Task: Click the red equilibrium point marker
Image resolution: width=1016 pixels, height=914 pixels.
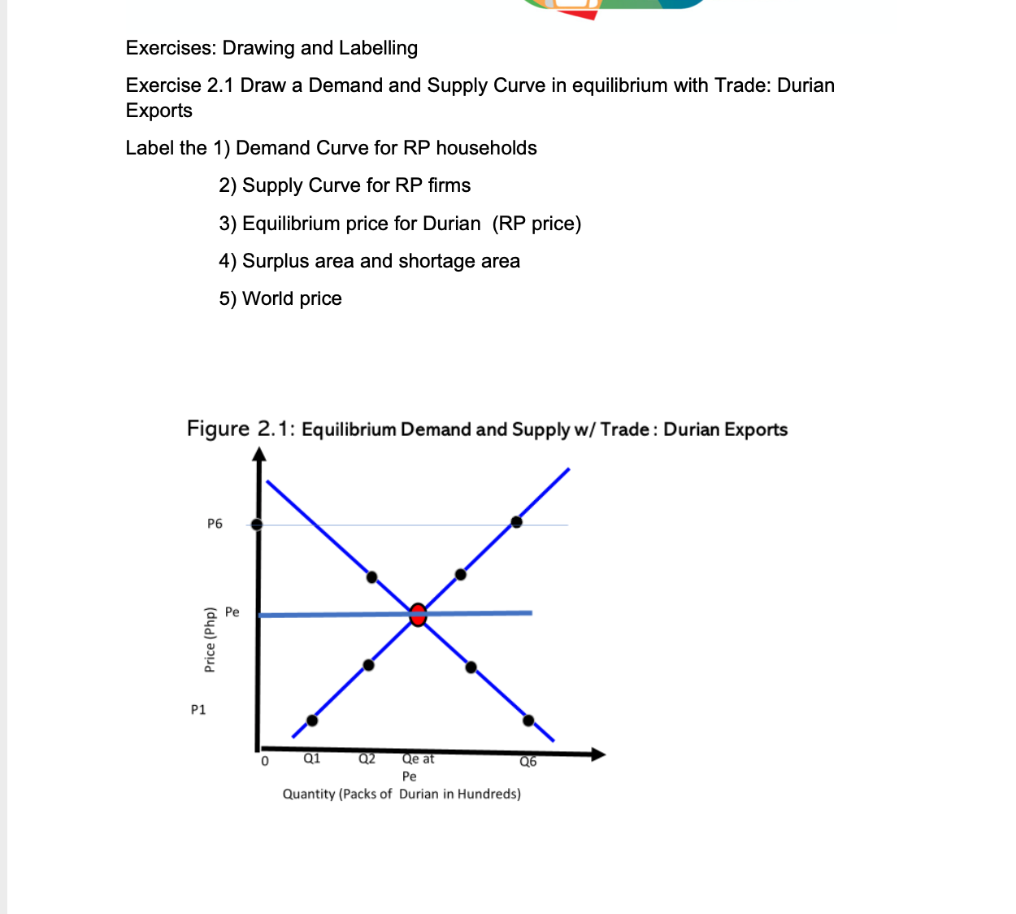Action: click(418, 615)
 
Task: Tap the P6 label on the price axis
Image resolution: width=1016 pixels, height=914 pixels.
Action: click(215, 524)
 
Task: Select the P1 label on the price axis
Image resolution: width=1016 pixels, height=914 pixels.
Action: click(198, 710)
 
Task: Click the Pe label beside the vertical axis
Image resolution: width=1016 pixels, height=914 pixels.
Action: click(232, 612)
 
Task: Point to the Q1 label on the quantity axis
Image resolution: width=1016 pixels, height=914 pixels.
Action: click(311, 759)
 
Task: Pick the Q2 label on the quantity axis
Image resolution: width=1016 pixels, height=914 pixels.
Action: click(367, 759)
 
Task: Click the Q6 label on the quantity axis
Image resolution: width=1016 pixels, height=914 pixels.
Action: click(528, 762)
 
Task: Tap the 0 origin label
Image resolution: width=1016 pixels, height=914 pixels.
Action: click(264, 762)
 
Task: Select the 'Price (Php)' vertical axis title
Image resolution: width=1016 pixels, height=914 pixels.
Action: click(210, 640)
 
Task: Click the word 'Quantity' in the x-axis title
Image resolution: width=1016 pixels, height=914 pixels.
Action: click(309, 794)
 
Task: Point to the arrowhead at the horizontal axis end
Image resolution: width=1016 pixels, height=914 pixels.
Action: click(598, 755)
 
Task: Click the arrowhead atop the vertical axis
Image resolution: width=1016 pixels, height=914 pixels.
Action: click(259, 455)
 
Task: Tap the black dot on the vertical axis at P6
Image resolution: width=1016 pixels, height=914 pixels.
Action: click(257, 524)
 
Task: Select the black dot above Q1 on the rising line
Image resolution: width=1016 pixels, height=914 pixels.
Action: click(312, 720)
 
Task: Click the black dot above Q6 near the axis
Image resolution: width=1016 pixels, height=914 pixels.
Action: click(528, 720)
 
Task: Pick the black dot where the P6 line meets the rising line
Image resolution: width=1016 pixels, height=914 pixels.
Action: click(516, 522)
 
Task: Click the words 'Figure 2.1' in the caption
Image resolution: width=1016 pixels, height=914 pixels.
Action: click(241, 429)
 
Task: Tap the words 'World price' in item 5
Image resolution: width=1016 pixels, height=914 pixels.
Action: click(292, 298)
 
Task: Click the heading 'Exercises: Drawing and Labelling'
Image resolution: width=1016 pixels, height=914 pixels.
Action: click(271, 48)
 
